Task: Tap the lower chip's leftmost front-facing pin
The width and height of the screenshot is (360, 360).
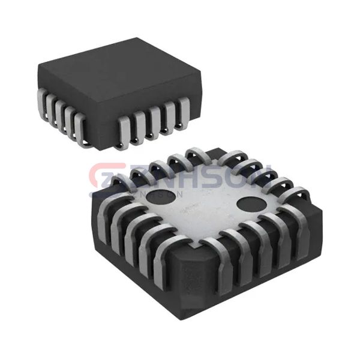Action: [x=101, y=222]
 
